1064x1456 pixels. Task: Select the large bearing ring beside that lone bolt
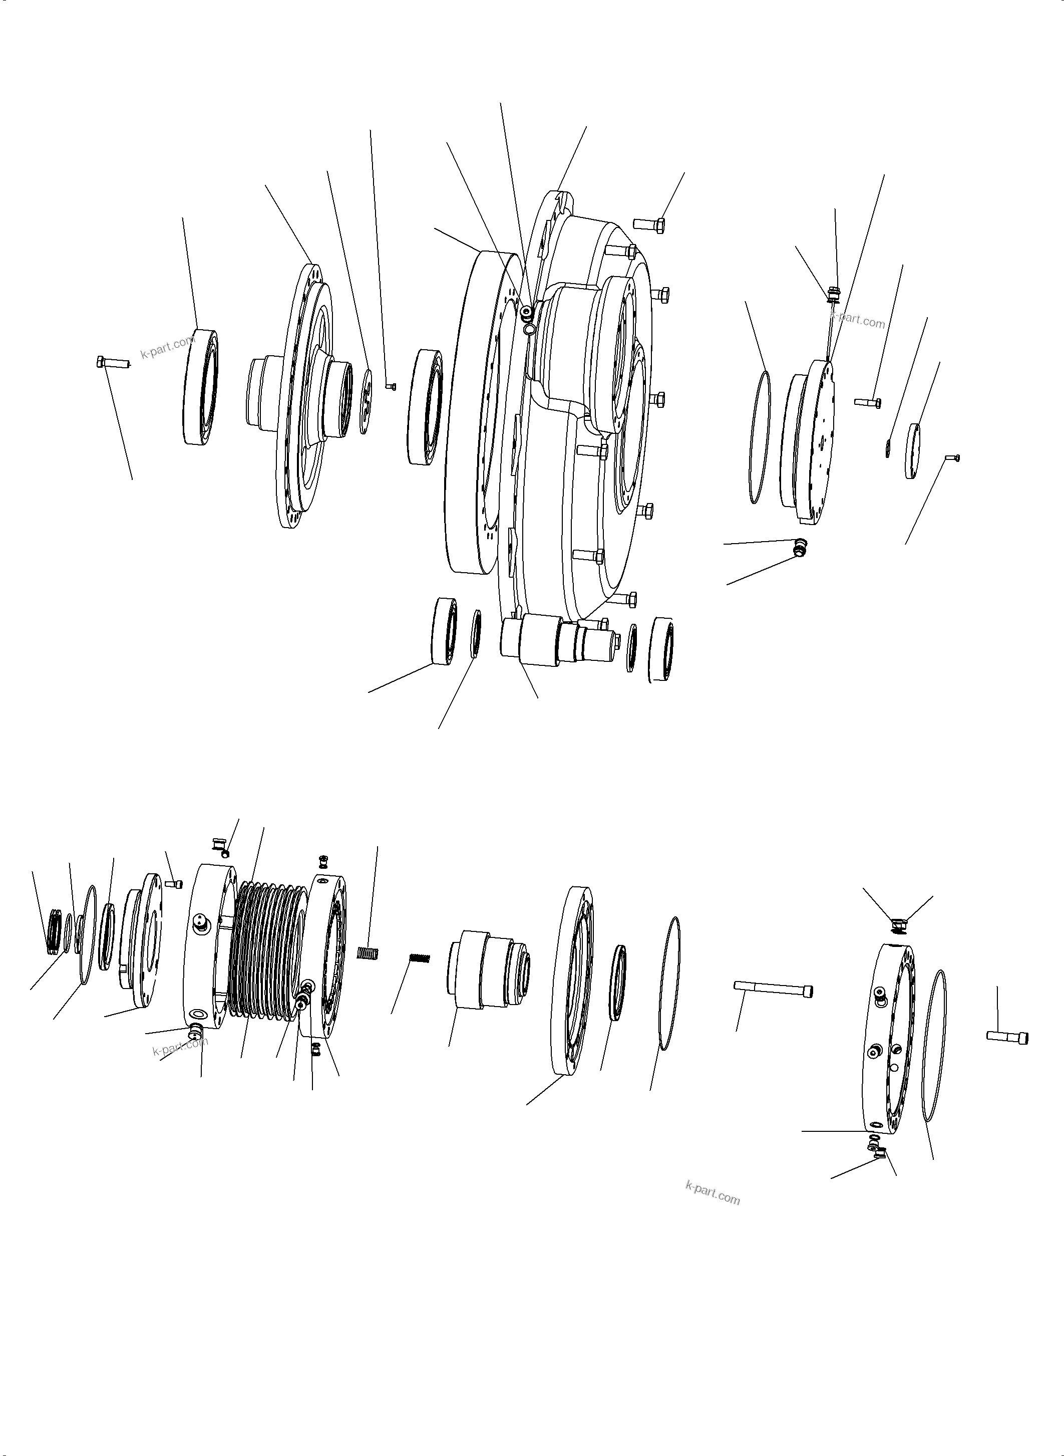click(x=200, y=387)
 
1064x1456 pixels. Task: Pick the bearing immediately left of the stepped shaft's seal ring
click(x=445, y=631)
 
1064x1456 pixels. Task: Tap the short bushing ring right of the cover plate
click(x=913, y=450)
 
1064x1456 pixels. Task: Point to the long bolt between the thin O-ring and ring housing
click(x=773, y=989)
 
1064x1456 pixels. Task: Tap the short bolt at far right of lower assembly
click(x=1007, y=1037)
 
